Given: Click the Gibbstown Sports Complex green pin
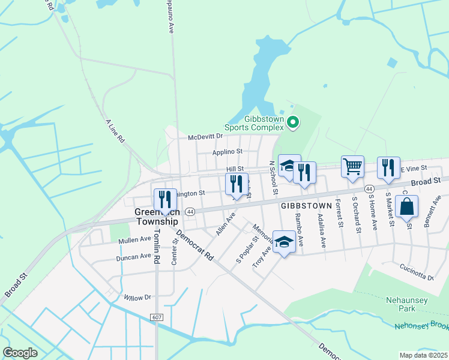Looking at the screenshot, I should (x=293, y=123).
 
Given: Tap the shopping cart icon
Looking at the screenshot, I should (x=352, y=166).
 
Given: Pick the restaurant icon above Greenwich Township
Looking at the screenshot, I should (x=165, y=200).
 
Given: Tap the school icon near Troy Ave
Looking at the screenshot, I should (x=284, y=242).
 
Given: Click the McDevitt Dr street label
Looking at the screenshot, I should (x=205, y=137).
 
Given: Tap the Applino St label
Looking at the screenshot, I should (x=227, y=152).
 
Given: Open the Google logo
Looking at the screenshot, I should (x=20, y=353).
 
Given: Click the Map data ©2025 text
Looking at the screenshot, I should (x=423, y=355).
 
